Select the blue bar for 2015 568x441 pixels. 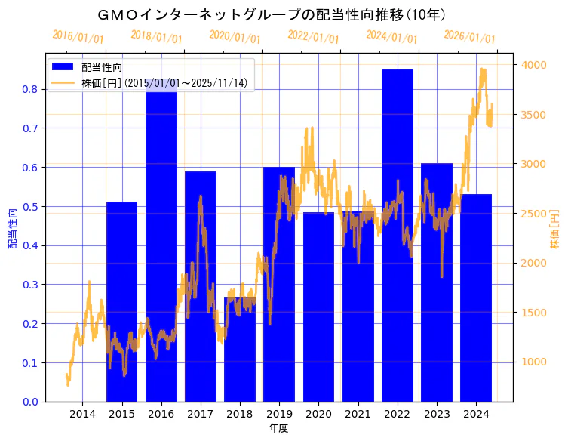click(x=121, y=302)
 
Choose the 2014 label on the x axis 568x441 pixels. click(x=82, y=414)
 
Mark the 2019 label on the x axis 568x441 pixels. click(x=279, y=414)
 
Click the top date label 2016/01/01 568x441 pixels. click(x=78, y=37)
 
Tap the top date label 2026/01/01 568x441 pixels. click(x=469, y=37)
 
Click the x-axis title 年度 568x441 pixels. click(x=278, y=428)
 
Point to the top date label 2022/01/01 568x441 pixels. click(x=313, y=37)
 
